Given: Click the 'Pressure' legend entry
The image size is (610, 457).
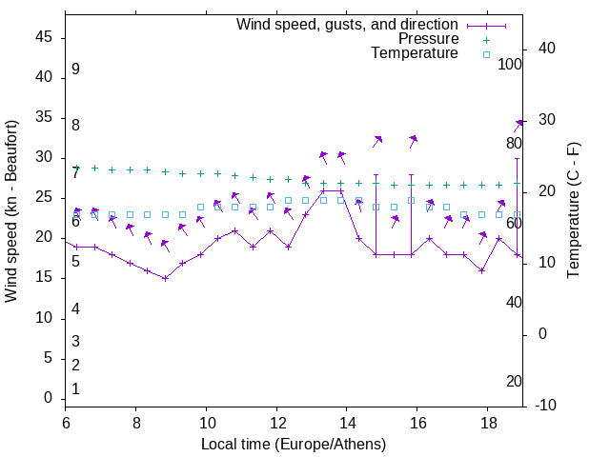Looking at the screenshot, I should (x=428, y=39).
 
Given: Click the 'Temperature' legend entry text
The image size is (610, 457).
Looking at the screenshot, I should (x=415, y=54).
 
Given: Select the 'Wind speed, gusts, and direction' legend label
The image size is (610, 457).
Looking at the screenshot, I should (x=347, y=24).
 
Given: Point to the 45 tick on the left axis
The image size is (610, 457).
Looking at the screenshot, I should (x=44, y=37).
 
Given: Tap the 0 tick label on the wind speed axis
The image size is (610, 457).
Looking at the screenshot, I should (x=48, y=398).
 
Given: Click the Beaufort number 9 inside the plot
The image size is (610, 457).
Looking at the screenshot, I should (x=75, y=70).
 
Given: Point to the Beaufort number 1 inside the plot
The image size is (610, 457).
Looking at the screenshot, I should (x=75, y=388).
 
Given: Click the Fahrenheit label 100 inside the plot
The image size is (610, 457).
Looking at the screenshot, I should (x=510, y=64).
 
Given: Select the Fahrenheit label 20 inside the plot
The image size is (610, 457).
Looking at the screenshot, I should (x=514, y=381).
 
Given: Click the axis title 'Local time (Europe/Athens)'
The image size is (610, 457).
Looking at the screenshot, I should (x=294, y=444).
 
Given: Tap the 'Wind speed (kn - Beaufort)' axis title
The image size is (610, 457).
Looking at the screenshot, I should (x=11, y=211).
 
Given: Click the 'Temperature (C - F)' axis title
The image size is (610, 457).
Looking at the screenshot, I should (x=573, y=211).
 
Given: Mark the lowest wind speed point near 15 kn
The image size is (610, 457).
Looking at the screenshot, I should (x=165, y=278).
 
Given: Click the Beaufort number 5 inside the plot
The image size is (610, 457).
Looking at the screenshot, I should (x=75, y=261).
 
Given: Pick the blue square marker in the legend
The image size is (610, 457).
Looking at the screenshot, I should (x=486, y=54).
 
